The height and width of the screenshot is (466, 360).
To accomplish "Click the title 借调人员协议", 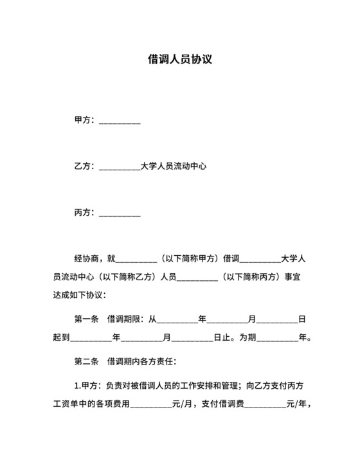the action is coord(180,60).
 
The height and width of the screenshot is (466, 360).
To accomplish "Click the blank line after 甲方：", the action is coord(120,121).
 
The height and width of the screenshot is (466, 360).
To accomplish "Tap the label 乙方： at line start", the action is coord(85,166).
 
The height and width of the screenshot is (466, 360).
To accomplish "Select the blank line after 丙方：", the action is coord(120,213).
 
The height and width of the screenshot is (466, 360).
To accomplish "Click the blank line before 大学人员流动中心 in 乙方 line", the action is coord(120,167).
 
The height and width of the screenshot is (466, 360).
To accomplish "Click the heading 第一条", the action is coord(87,318).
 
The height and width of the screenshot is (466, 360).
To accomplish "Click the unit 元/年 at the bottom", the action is coord(297,404).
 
